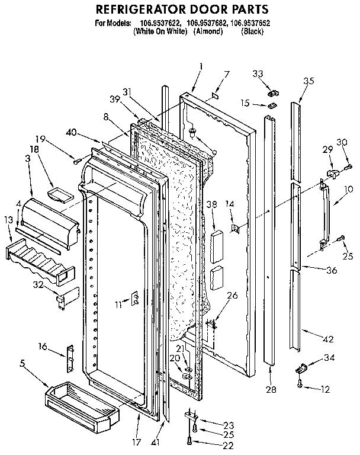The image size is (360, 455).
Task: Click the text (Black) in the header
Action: point(252,31)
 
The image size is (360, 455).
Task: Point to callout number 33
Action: point(257,73)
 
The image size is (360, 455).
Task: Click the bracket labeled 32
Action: point(66,297)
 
